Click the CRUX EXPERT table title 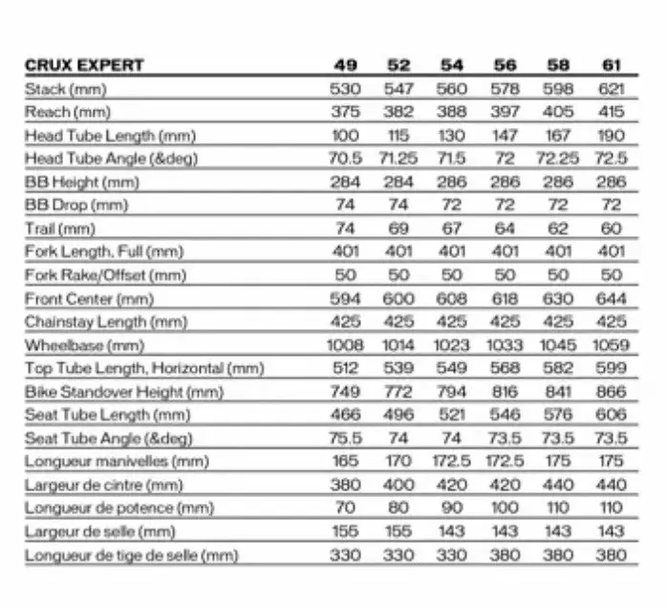(x=84, y=66)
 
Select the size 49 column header (x=346, y=66)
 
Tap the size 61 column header (x=612, y=66)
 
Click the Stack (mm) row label (x=59, y=89)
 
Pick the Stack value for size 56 (x=506, y=89)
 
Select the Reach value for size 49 (x=346, y=112)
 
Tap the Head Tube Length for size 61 (x=612, y=136)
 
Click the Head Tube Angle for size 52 (x=398, y=159)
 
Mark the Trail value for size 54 (x=452, y=228)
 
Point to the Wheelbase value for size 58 (x=558, y=345)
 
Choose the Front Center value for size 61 (x=612, y=298)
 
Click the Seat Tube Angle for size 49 (x=346, y=438)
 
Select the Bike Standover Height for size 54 (x=452, y=392)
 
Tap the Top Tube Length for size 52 (x=398, y=368)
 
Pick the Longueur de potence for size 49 (x=346, y=508)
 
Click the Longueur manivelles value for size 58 (x=558, y=462)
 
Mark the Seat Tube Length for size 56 (x=506, y=415)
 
